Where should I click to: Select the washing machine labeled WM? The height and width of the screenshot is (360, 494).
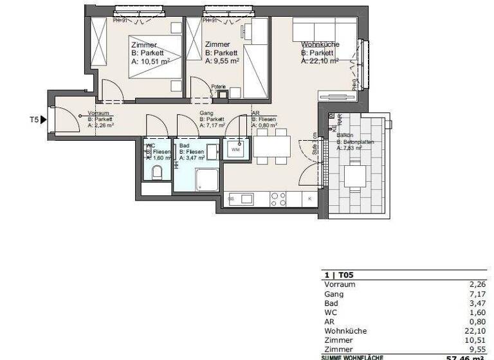click(235, 149)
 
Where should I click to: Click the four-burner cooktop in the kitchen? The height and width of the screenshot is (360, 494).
click(278, 199)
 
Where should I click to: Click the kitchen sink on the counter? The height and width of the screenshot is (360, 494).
click(246, 199)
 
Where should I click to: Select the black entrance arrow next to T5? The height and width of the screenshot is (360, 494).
click(43, 119)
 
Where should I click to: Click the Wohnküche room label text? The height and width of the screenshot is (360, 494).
click(320, 44)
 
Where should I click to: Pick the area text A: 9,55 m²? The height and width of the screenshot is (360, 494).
click(222, 62)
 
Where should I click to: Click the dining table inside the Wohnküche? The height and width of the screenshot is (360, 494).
click(271, 147)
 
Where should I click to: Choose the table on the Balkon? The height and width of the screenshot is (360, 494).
click(353, 175)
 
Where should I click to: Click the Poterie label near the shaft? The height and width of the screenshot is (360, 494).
click(219, 87)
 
